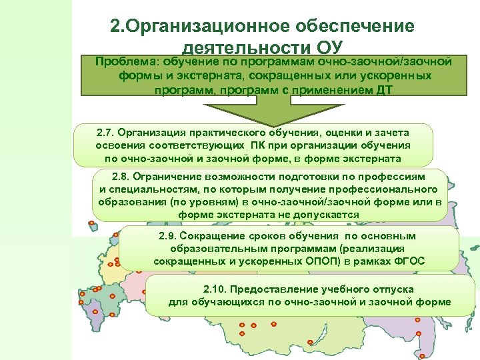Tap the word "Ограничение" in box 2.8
pos(167,177)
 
